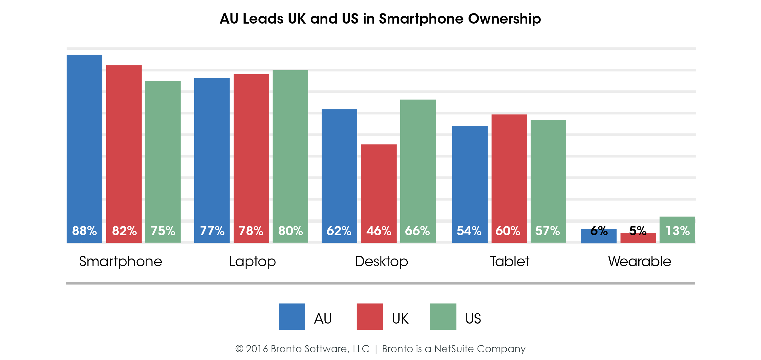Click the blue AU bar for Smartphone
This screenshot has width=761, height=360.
[84, 149]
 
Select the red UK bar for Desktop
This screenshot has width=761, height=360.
[379, 193]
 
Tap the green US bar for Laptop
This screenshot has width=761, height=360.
[290, 156]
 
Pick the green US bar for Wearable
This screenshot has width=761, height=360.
[677, 230]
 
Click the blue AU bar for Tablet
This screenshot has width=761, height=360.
[470, 184]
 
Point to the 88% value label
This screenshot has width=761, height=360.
[84, 231]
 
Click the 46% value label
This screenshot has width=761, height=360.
[379, 231]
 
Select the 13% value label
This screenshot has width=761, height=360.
[677, 231]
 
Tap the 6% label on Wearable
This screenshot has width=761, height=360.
[599, 231]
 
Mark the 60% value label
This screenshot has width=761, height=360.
[508, 231]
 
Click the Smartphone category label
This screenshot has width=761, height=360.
[121, 262]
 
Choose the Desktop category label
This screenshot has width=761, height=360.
[381, 262]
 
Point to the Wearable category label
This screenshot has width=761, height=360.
[640, 261]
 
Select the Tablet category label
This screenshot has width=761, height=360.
[509, 261]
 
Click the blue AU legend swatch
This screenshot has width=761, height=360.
[292, 316]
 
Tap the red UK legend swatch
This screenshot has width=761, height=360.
[370, 316]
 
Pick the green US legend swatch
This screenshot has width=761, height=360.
[443, 316]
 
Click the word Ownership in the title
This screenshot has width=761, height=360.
[504, 19]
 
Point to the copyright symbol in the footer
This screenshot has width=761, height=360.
[239, 349]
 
